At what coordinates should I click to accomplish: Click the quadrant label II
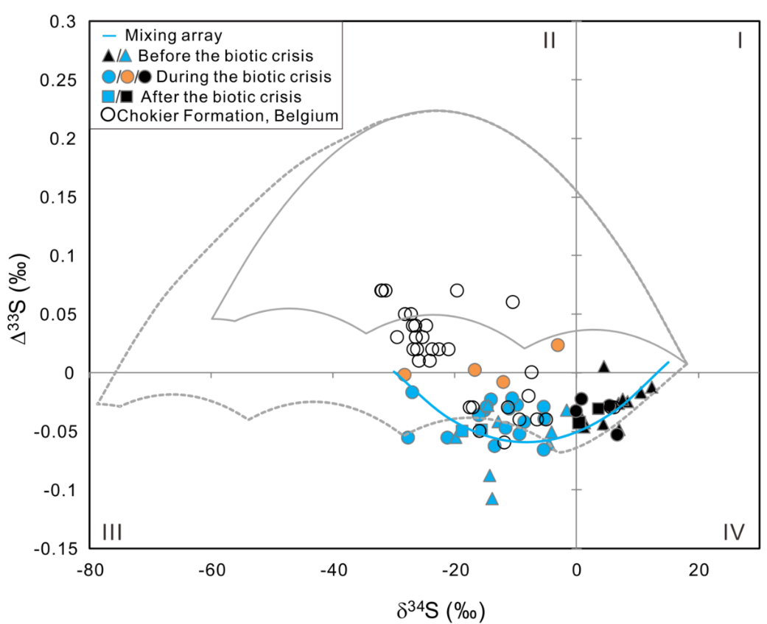click(549, 40)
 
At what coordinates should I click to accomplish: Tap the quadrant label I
click(740, 40)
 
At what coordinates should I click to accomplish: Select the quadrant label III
click(111, 531)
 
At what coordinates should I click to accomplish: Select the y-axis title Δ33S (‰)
click(21, 284)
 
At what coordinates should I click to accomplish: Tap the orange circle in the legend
click(127, 76)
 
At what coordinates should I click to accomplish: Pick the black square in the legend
click(127, 96)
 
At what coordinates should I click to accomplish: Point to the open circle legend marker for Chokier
click(107, 116)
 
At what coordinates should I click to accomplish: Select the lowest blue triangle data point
click(492, 499)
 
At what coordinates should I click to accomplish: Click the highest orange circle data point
click(558, 344)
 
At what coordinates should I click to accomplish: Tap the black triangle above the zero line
click(604, 366)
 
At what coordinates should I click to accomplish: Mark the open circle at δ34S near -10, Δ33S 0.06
click(513, 302)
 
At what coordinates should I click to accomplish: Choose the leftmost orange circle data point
click(404, 375)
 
